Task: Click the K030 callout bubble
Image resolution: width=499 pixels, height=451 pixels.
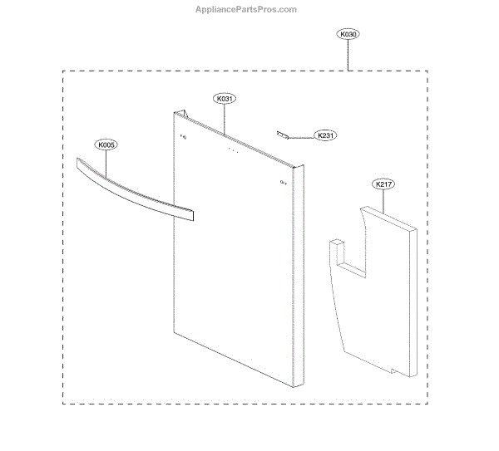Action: tap(348, 35)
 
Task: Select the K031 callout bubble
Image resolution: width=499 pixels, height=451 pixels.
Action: tap(225, 99)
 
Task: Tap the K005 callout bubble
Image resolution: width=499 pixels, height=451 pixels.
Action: tap(107, 145)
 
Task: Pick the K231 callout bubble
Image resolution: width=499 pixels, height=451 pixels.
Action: tap(325, 135)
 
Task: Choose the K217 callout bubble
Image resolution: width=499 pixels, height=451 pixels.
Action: tap(383, 184)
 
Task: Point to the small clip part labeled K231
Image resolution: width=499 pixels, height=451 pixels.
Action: tap(283, 133)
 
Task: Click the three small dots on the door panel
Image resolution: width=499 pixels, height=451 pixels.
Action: tap(233, 151)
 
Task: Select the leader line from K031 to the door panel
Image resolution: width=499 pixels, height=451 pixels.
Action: tap(225, 116)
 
